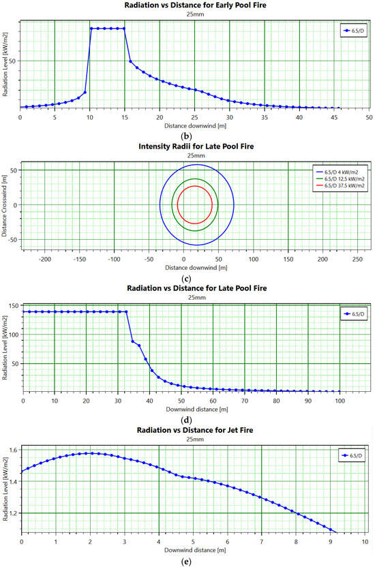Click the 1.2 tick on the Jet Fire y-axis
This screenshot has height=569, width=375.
click(x=14, y=512)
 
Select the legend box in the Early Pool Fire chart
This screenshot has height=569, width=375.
click(x=352, y=31)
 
